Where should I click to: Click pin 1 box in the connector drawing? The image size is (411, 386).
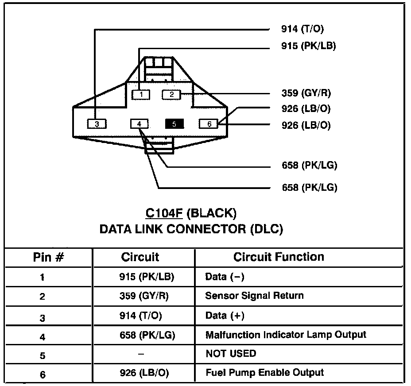pos(141,94)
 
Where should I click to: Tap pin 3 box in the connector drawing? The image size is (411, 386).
pos(97,124)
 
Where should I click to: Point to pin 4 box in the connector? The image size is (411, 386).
pos(140,124)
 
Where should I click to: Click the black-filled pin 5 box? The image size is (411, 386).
pos(174,124)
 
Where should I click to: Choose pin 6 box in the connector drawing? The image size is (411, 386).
pos(209,124)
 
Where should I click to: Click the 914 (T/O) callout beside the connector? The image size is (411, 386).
pos(302,29)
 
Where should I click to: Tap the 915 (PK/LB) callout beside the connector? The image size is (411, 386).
pos(308,46)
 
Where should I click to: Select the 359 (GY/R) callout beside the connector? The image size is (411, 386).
pos(306,93)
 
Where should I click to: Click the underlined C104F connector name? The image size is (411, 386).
pos(164,213)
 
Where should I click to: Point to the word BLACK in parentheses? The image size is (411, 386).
pos(212,213)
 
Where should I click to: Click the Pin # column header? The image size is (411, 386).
pos(49,257)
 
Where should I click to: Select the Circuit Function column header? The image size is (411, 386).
pos(279,257)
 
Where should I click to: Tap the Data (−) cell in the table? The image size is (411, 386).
pos(225,277)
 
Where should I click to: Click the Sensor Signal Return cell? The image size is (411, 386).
pos(254,295)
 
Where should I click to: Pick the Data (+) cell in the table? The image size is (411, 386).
pos(225,316)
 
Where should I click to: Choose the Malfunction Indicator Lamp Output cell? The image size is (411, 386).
pos(286,335)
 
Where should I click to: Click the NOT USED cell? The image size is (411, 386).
pos(231,353)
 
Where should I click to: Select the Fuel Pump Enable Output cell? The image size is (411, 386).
pos(264,372)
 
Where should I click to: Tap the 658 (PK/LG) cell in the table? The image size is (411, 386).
pos(144,335)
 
